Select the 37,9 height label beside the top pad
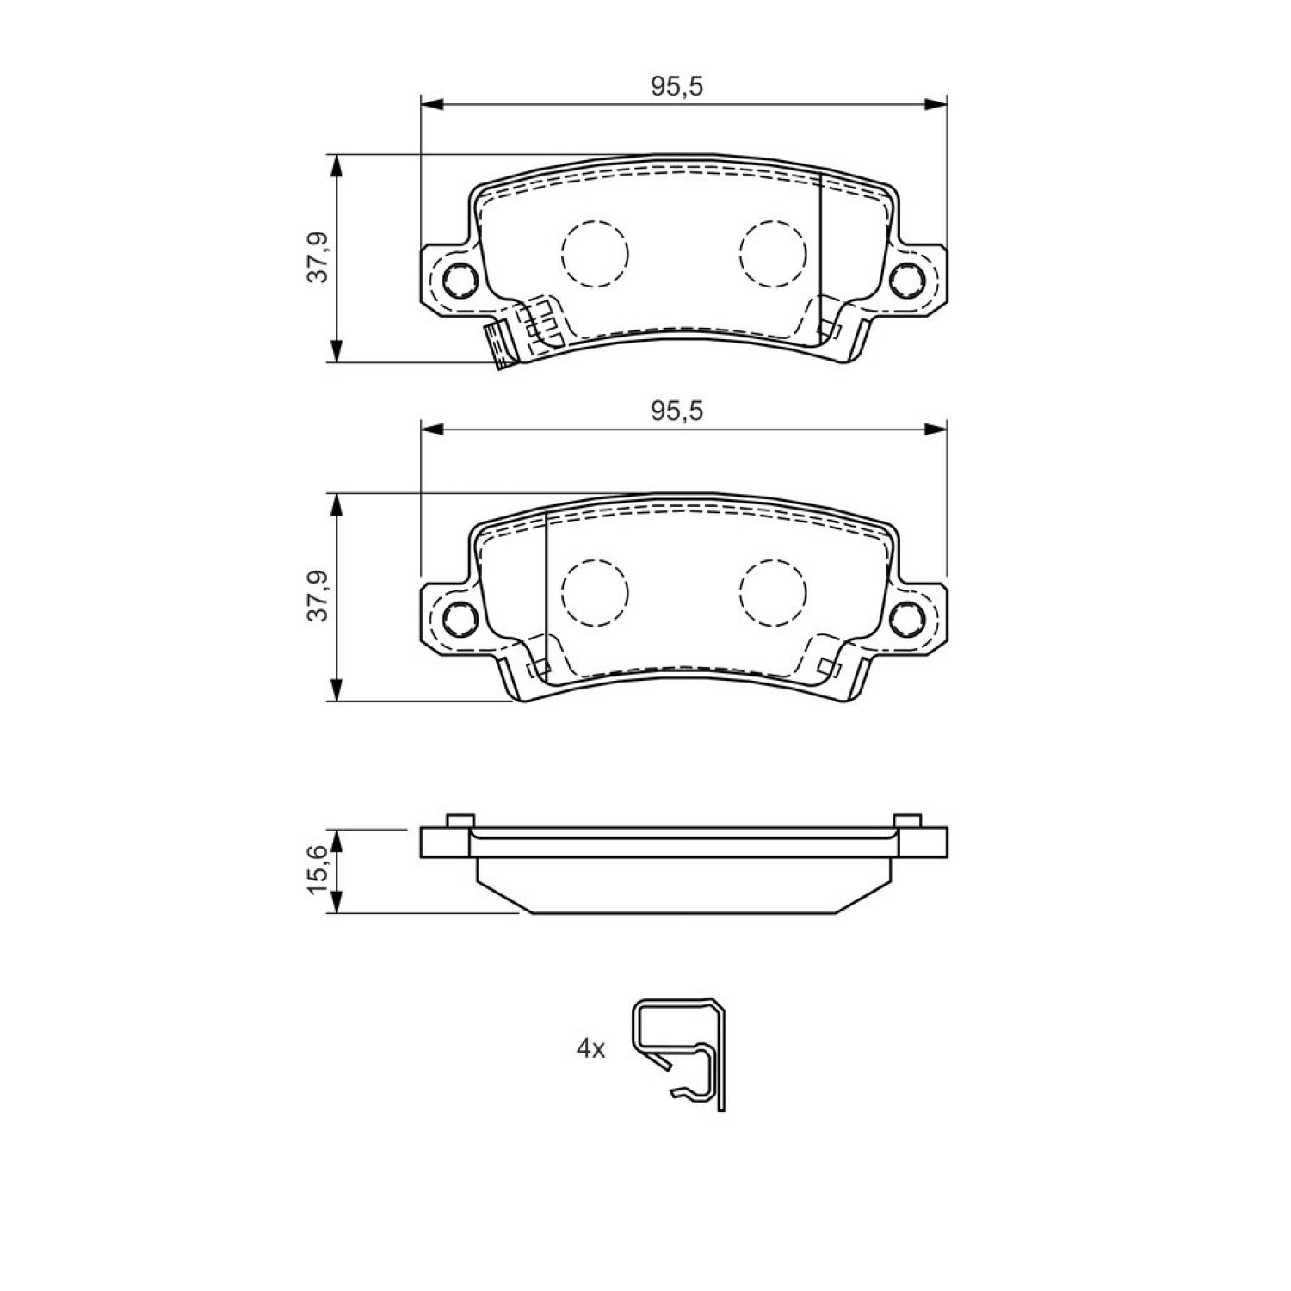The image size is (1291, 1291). click(x=320, y=259)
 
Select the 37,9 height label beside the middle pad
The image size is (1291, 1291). click(x=320, y=596)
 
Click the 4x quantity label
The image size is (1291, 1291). click(x=591, y=1048)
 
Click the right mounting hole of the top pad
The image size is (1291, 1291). click(x=905, y=279)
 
